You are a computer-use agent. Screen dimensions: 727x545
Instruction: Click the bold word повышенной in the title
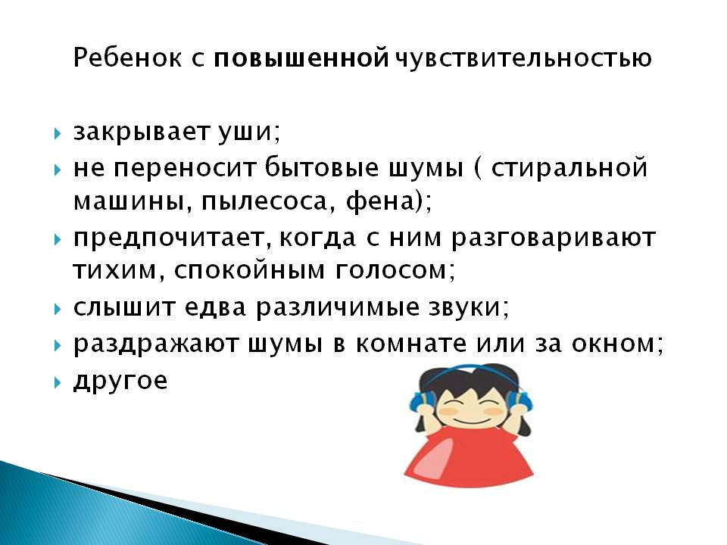click(301, 58)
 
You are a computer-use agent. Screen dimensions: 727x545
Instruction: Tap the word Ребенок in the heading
click(127, 58)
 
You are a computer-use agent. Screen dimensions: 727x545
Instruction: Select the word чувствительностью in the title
click(523, 59)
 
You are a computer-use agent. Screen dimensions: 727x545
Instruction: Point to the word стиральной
click(569, 168)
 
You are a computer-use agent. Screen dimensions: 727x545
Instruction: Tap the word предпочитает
click(170, 238)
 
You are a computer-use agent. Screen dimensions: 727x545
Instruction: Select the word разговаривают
click(553, 238)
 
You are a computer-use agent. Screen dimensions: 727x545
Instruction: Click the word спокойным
click(249, 271)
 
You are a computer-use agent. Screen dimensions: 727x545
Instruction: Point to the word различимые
click(338, 308)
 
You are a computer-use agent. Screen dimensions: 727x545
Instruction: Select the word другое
click(120, 381)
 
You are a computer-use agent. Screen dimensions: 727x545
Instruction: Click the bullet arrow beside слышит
click(58, 309)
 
